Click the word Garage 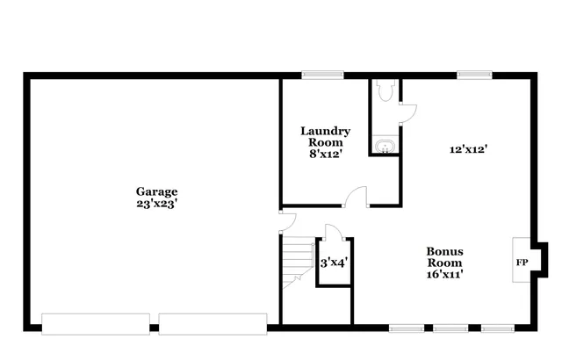[x=156, y=191]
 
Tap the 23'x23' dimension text [x=156, y=203]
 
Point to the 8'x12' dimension [x=325, y=154]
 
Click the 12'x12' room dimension [x=468, y=149]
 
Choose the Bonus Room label [x=445, y=256]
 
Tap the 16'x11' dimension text [x=445, y=274]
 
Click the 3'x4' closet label [x=333, y=263]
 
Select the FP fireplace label [x=522, y=263]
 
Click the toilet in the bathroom [x=383, y=91]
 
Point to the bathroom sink [x=384, y=145]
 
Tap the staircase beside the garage [x=297, y=263]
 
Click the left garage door [x=95, y=323]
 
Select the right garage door [x=213, y=323]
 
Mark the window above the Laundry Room [x=316, y=75]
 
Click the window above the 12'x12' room [x=473, y=75]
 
